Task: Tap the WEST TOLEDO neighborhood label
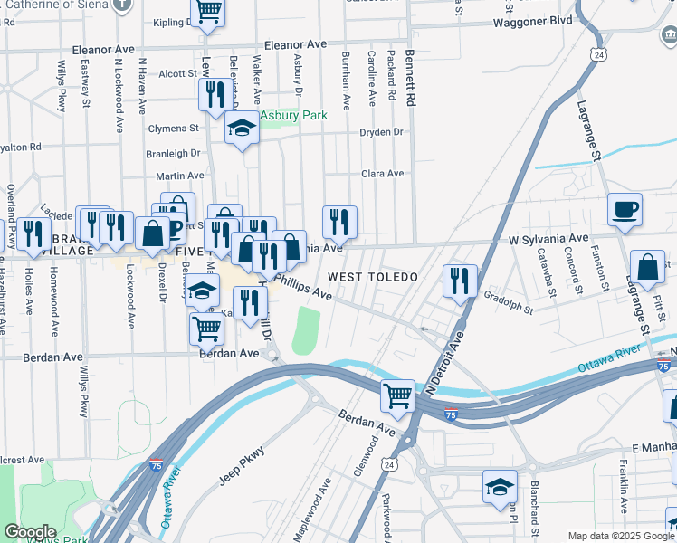pyautogui.click(x=372, y=276)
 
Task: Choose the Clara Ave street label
pyautogui.click(x=382, y=174)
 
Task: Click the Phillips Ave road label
pyautogui.click(x=304, y=286)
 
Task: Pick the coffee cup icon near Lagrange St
pyautogui.click(x=625, y=211)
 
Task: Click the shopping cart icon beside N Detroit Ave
pyautogui.click(x=397, y=395)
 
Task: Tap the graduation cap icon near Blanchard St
pyautogui.click(x=500, y=488)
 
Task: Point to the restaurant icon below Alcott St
pyautogui.click(x=215, y=94)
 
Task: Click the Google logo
pyautogui.click(x=31, y=532)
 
